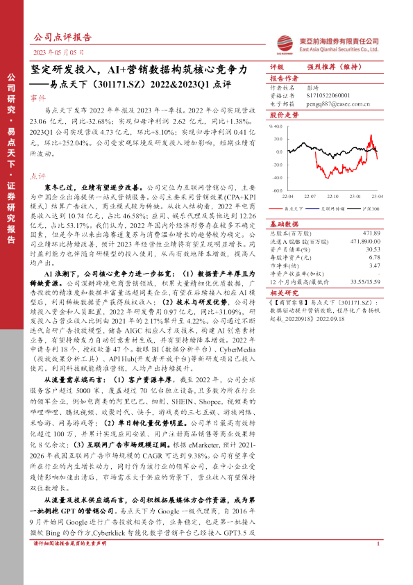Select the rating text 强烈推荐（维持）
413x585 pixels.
tap(337, 67)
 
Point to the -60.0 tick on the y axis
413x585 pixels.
tap(275, 189)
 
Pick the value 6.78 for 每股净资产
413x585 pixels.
tap(375, 256)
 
